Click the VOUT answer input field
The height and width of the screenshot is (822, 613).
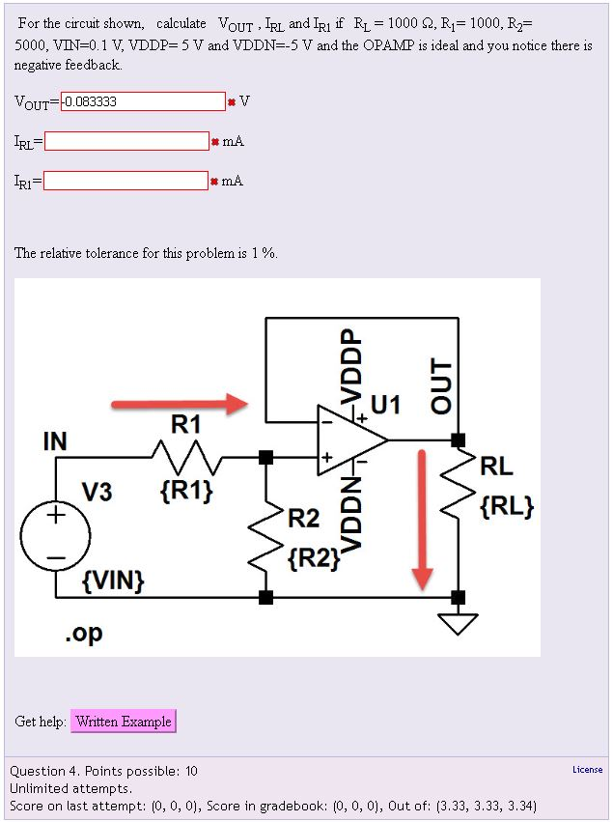pos(143,101)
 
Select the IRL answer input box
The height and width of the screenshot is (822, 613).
pos(126,141)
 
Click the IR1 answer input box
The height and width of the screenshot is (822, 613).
pos(125,181)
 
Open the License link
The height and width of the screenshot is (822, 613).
pos(587,770)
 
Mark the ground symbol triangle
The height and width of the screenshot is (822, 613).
pos(458,624)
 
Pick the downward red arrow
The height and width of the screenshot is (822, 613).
pos(422,521)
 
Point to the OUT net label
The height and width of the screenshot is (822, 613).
pos(440,385)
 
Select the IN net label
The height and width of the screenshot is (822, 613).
pos(55,441)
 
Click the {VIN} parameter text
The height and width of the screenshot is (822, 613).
pos(114,581)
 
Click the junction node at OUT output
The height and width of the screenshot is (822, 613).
pos(458,440)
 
